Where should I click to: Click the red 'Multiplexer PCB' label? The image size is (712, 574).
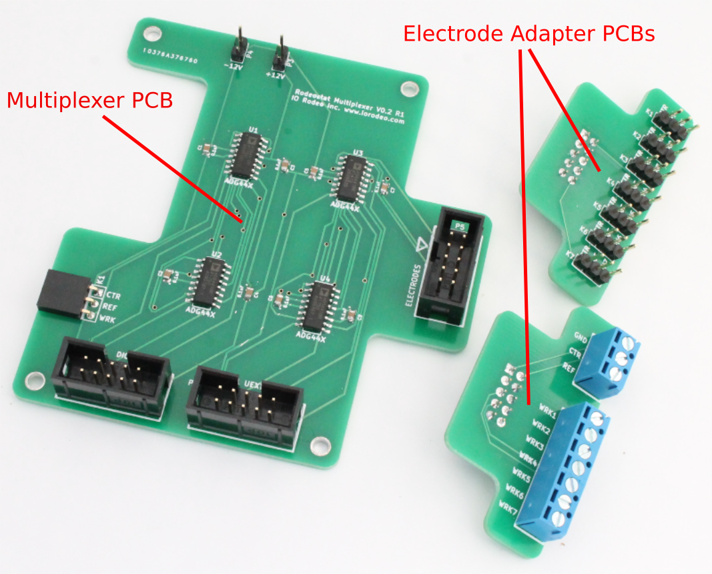[89, 101]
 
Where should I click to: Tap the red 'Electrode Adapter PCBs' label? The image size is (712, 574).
[528, 33]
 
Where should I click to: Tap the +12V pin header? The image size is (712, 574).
[281, 55]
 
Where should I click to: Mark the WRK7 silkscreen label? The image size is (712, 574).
[507, 511]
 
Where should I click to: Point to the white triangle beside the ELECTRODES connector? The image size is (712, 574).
[421, 246]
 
